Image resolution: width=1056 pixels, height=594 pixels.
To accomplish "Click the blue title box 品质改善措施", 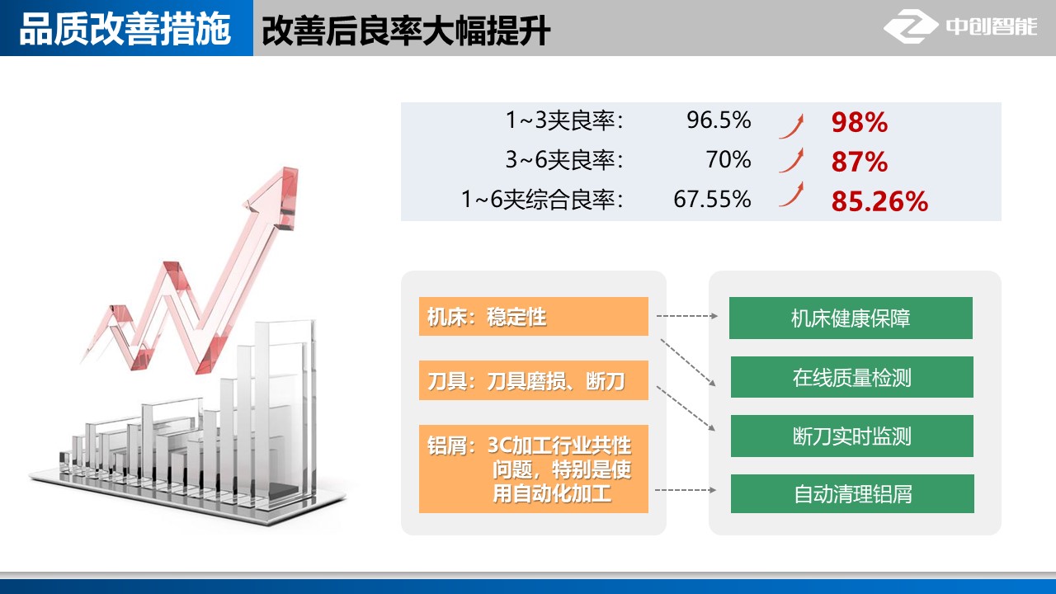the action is pyautogui.click(x=126, y=28).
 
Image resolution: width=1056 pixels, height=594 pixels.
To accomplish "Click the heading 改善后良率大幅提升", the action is pyautogui.click(x=406, y=31).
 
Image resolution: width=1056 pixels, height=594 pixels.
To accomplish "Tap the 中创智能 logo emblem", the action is pyautogui.click(x=910, y=26).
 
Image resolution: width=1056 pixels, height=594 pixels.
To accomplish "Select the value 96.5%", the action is pyautogui.click(x=719, y=120).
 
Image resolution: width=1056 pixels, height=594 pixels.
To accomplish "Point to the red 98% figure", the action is pyautogui.click(x=860, y=122).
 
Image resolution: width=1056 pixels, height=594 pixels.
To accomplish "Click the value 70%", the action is pyautogui.click(x=728, y=159).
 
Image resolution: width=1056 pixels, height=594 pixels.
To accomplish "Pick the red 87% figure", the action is pyautogui.click(x=860, y=162).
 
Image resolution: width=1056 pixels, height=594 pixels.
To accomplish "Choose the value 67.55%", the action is pyautogui.click(x=712, y=199).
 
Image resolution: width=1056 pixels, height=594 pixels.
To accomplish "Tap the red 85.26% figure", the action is pyautogui.click(x=879, y=201).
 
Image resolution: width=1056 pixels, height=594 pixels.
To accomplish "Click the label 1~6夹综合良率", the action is pyautogui.click(x=543, y=199).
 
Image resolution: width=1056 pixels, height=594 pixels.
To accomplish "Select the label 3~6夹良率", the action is pyautogui.click(x=565, y=159).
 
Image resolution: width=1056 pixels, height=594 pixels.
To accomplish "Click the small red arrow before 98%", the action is pyautogui.click(x=792, y=126).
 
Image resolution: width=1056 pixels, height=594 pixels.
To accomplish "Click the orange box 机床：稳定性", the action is pyautogui.click(x=534, y=316).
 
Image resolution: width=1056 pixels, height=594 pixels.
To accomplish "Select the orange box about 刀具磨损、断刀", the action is pyautogui.click(x=534, y=380).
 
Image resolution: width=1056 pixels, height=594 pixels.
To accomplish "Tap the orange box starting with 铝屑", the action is pyautogui.click(x=534, y=469).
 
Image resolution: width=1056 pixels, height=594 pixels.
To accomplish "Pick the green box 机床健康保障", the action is pyautogui.click(x=851, y=318).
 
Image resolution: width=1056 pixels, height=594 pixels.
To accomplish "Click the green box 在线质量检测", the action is pyautogui.click(x=852, y=377).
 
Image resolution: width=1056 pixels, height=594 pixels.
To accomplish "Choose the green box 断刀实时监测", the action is pyautogui.click(x=852, y=436).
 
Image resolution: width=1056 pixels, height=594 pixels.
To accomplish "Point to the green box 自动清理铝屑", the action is pyautogui.click(x=852, y=493).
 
